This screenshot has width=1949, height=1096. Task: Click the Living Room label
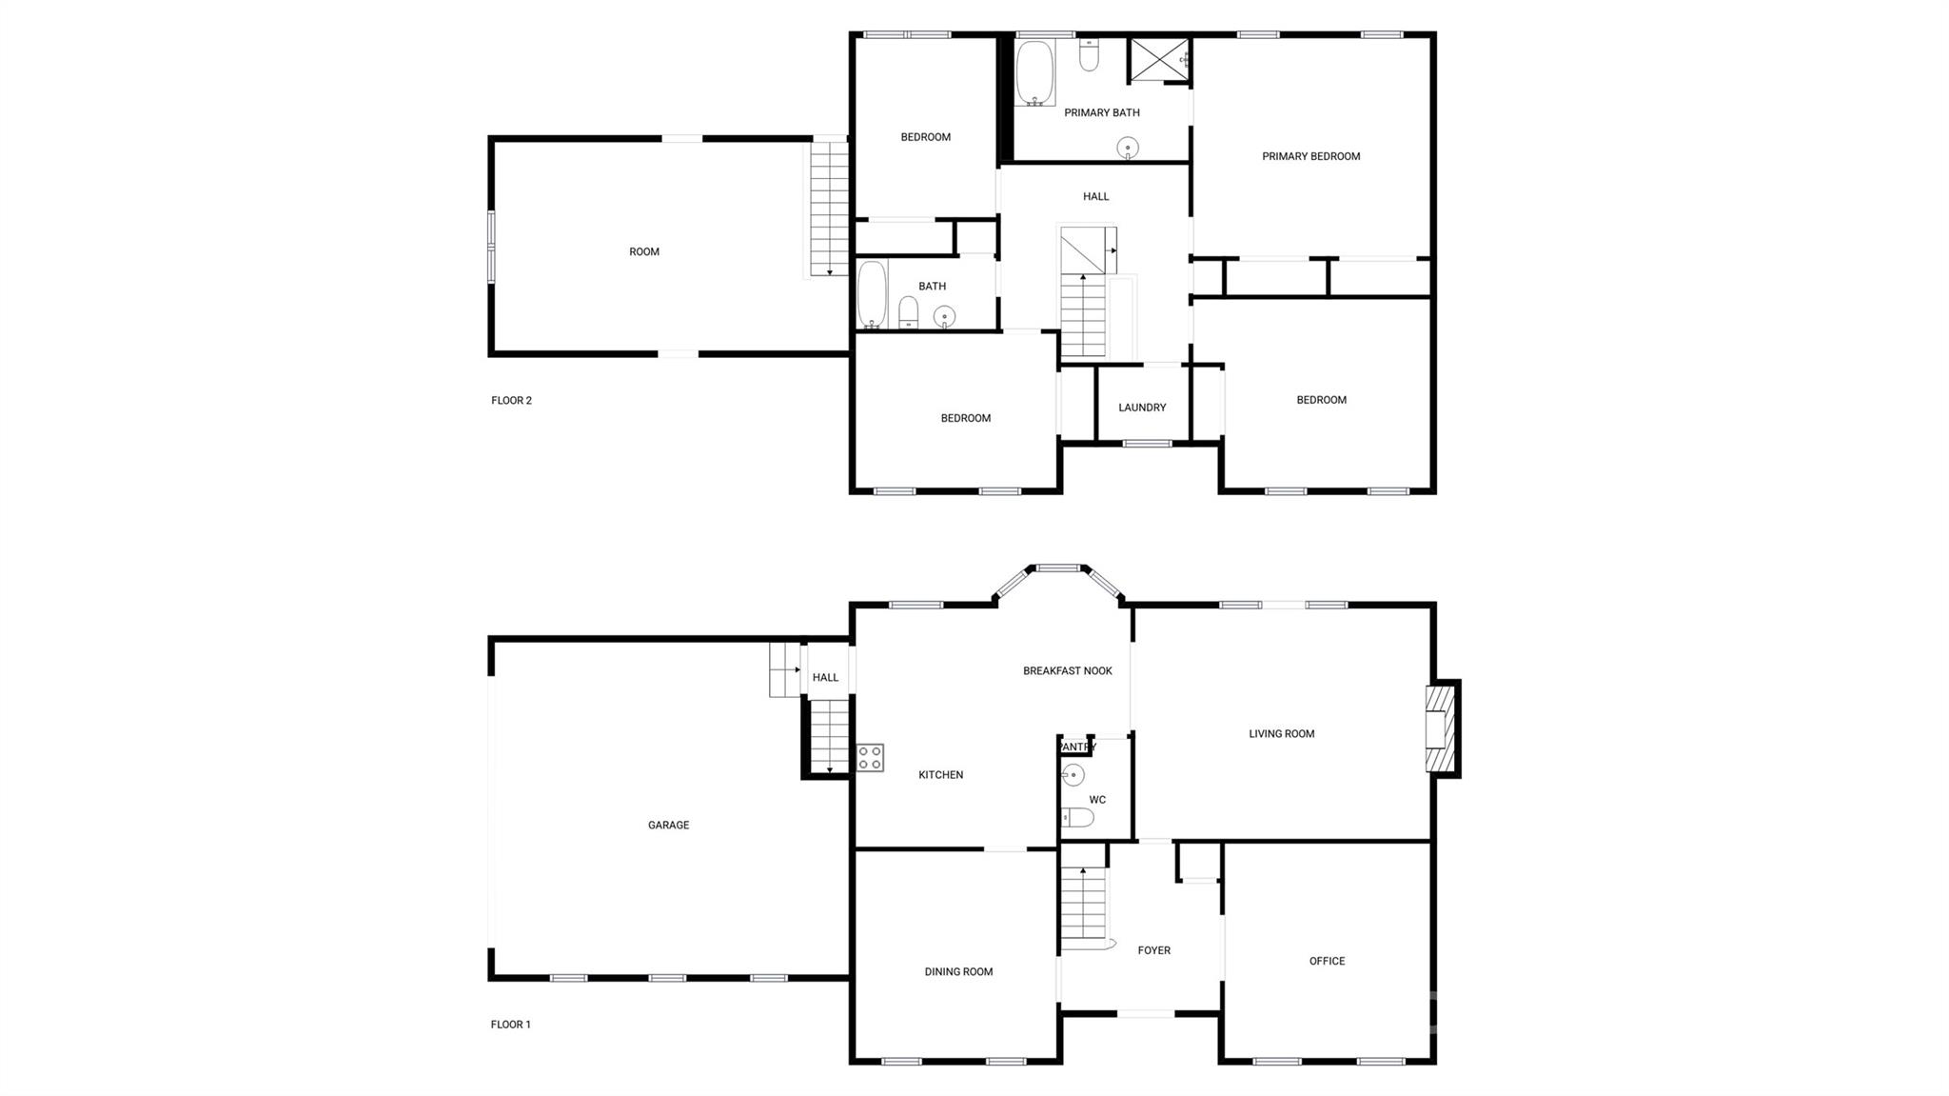pos(1281,734)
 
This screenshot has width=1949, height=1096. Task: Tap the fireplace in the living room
pos(1441,728)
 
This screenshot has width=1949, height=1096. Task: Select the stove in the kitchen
pos(870,758)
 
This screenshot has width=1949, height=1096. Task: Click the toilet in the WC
pos(1077,817)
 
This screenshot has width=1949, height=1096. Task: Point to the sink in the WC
pos(1073,775)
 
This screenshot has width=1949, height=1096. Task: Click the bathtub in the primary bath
pos(1034,72)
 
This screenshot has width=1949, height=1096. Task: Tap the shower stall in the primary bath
pos(1159,61)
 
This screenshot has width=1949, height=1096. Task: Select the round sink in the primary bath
pos(1128,148)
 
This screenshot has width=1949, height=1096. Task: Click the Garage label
pos(668,826)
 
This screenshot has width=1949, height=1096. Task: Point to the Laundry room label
pos(1142,408)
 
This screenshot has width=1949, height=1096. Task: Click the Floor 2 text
pos(511,401)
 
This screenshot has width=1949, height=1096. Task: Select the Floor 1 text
pos(510,1025)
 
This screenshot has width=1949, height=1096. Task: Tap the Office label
pos(1327,962)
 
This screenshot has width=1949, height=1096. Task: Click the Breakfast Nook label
pos(1068,671)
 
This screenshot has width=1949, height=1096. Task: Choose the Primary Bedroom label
pos(1310,156)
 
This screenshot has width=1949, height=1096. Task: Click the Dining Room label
pos(958,972)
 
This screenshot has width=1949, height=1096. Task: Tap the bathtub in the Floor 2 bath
pos(872,294)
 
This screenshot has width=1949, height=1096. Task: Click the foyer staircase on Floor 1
pos(1085,908)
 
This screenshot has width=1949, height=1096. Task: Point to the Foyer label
pos(1153,950)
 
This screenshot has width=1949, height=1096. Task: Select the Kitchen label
pos(940,775)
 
